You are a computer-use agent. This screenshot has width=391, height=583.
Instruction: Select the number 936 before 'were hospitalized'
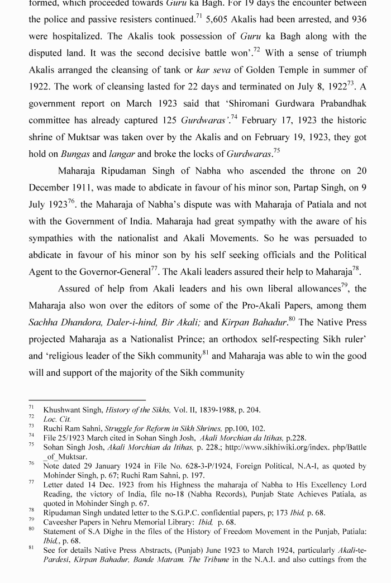click(x=358, y=20)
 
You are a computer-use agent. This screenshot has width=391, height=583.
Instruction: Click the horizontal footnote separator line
click(x=87, y=400)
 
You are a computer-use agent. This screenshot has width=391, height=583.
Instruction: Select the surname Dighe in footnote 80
click(x=111, y=532)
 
